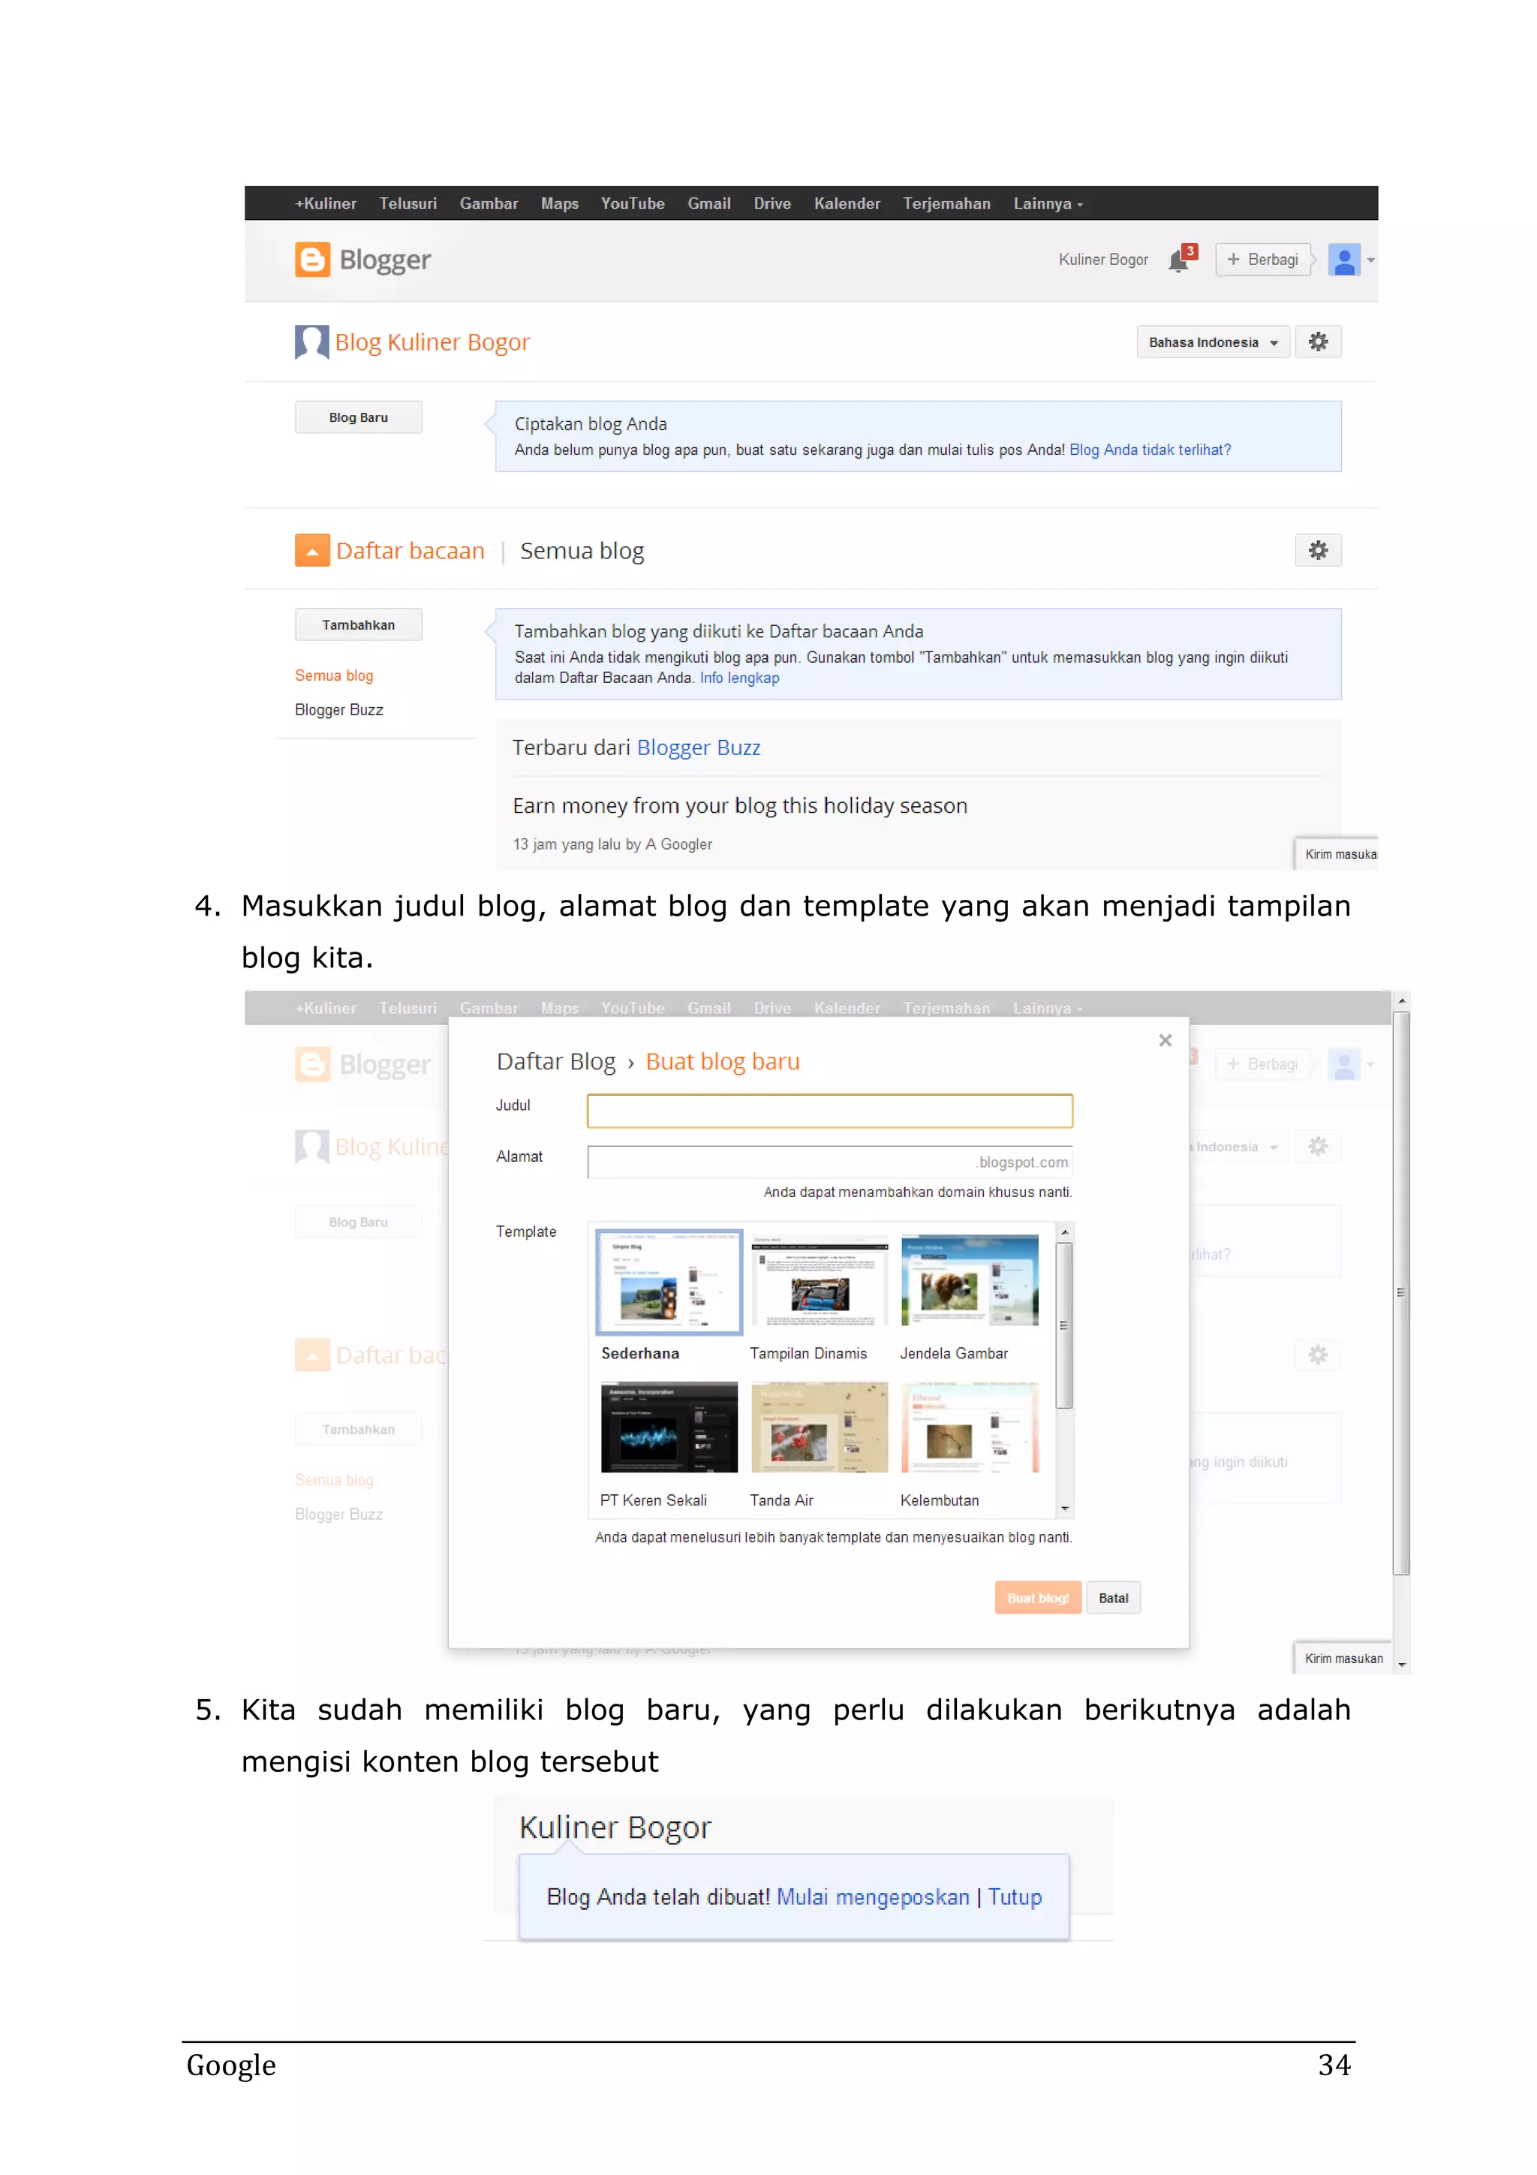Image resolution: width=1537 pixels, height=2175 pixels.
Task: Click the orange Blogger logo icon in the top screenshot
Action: point(311,260)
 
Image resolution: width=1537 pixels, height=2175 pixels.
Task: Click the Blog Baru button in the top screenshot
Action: point(358,418)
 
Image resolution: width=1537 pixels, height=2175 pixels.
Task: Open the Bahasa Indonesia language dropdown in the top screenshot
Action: point(1212,343)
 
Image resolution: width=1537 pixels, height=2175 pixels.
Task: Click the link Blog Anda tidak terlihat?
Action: point(1150,450)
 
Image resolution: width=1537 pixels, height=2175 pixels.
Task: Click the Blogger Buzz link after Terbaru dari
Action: point(698,748)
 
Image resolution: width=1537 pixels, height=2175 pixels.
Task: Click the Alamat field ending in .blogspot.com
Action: point(829,1163)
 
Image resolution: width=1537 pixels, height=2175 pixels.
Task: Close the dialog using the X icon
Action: point(1165,1040)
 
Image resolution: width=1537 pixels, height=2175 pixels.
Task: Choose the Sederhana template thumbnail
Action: point(669,1282)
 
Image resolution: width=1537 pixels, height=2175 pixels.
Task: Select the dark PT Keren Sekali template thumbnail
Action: point(669,1427)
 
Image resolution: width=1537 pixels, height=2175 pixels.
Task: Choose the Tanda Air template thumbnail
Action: point(820,1427)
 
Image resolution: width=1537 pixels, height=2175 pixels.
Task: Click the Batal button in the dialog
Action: point(1113,1598)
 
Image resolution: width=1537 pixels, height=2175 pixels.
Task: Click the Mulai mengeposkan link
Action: point(872,1897)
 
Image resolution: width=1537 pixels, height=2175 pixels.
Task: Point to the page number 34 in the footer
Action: point(1334,2065)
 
